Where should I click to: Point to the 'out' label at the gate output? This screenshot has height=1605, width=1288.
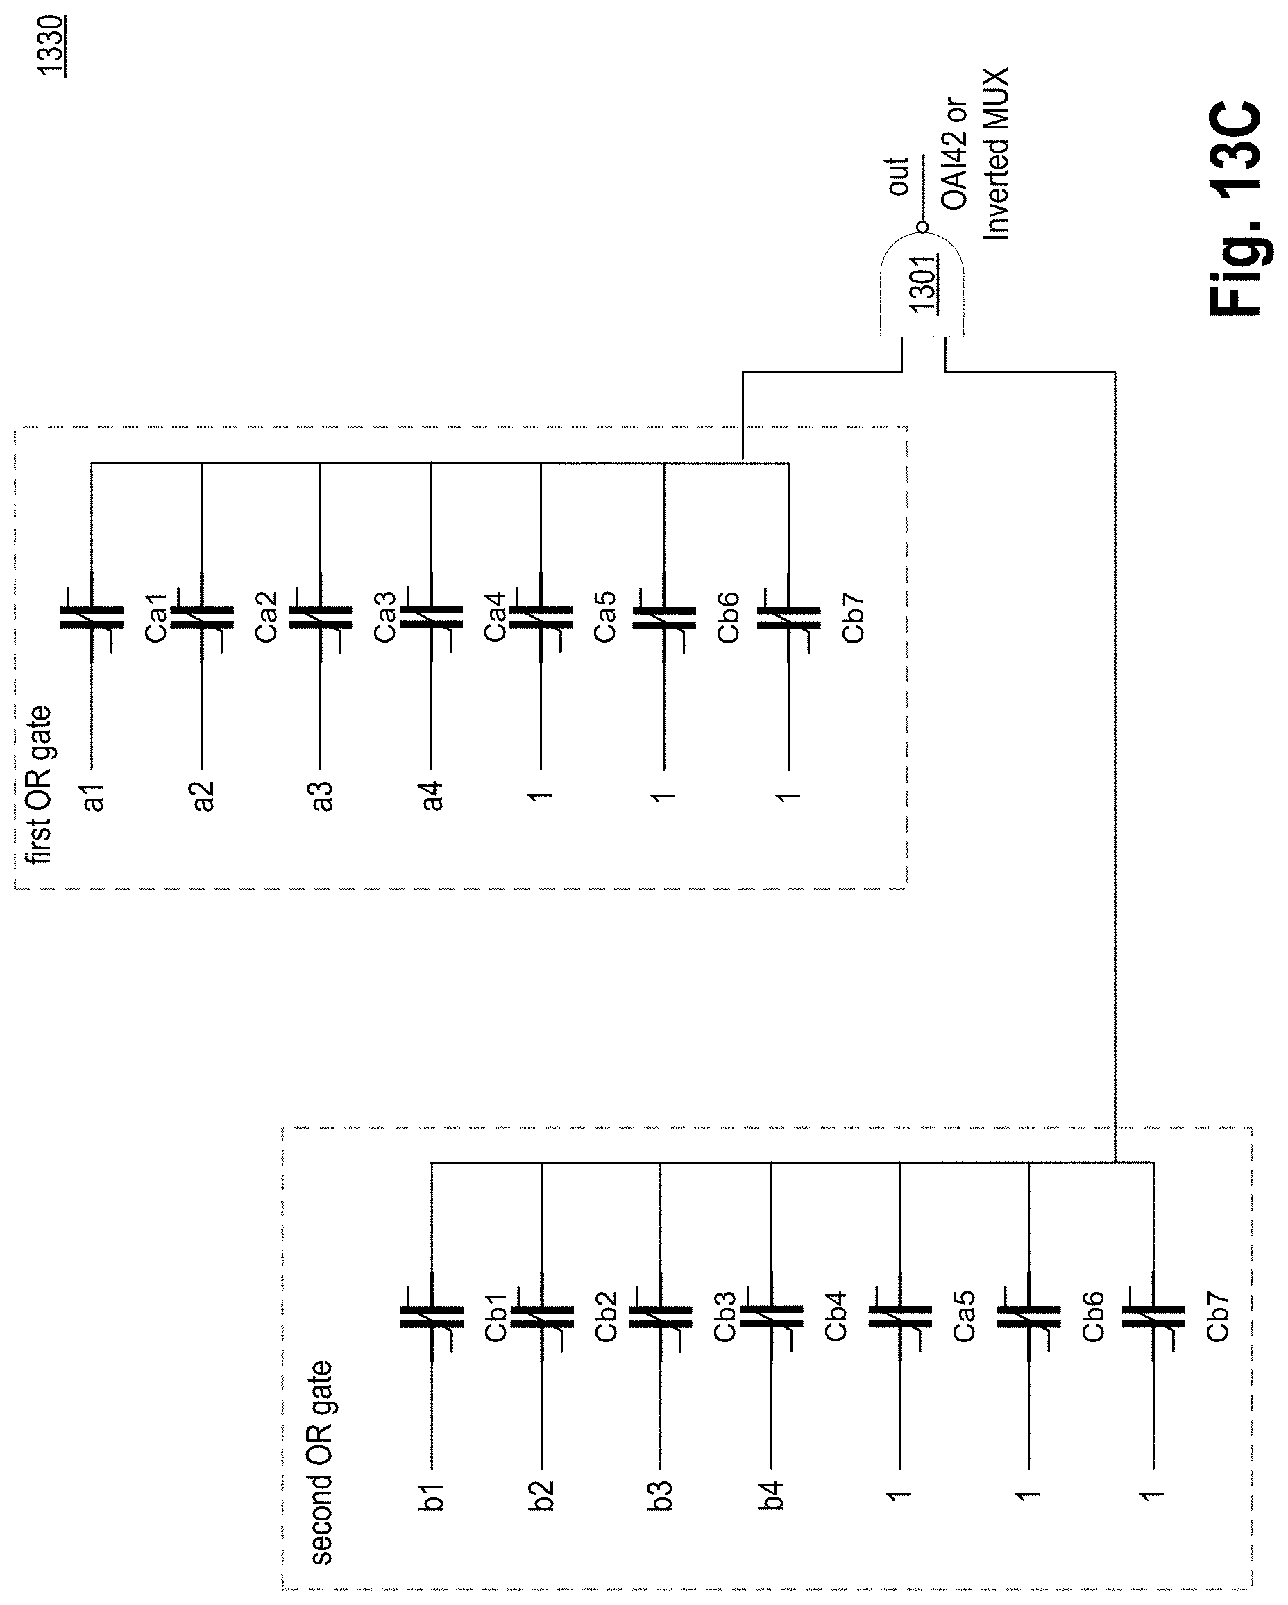899,176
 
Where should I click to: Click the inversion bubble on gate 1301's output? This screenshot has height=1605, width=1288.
922,226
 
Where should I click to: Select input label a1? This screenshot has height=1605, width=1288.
94,796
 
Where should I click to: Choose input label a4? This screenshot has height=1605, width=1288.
432,796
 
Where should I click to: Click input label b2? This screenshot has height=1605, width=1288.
543,1495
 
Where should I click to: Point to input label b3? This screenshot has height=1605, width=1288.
661,1495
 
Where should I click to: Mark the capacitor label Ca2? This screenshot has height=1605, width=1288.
266,616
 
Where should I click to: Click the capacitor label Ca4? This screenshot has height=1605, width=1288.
495,616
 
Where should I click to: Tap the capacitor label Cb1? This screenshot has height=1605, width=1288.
497,1316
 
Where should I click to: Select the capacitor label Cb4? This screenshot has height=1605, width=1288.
836,1316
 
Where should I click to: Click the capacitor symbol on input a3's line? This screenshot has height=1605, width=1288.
320,618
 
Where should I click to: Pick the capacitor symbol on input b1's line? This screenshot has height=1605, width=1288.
432,1317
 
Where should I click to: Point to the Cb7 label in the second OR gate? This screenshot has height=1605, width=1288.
1217,1316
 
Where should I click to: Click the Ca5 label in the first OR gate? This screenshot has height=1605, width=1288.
604,616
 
